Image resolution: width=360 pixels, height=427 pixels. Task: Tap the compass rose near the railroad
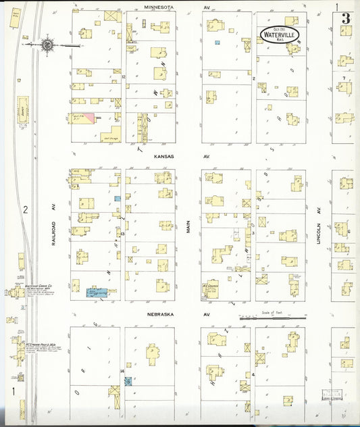(x=47, y=45)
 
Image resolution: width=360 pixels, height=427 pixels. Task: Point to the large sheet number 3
(x=345, y=18)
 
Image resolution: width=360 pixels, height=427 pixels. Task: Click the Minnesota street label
(x=159, y=6)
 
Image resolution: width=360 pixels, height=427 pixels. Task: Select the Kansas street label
(x=163, y=156)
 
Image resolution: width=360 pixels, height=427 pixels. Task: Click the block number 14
(x=122, y=372)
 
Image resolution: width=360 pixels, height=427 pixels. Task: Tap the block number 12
(x=124, y=77)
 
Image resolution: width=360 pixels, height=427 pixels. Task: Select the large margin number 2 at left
(x=25, y=209)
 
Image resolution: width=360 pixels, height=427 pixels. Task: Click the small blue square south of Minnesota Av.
(x=217, y=43)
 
